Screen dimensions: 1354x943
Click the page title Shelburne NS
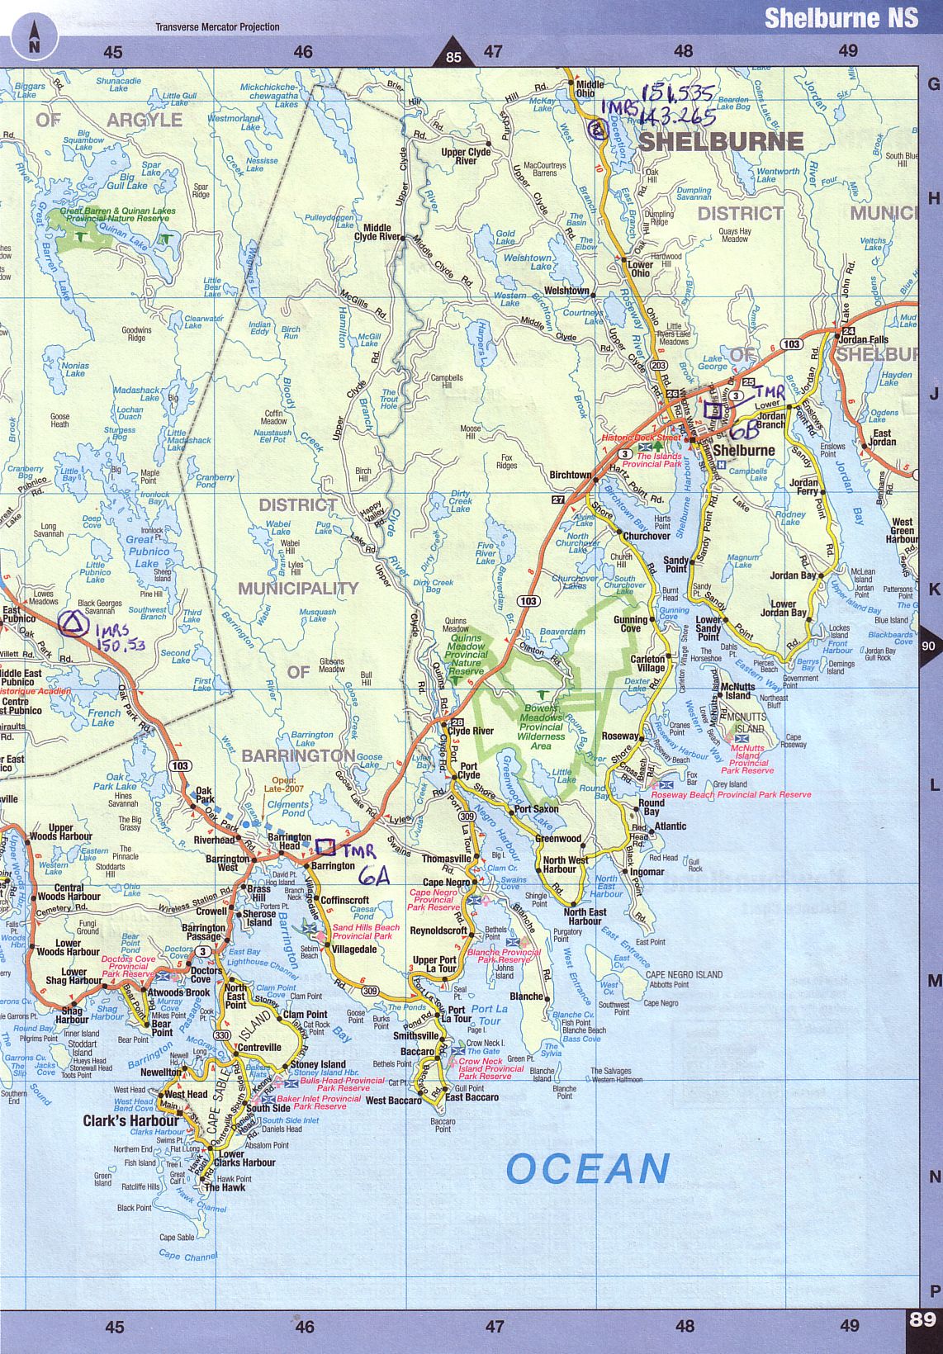pos(840,17)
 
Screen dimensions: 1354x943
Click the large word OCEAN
pos(587,1169)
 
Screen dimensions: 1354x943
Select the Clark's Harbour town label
pos(130,1120)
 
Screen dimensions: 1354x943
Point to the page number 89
pos(922,1318)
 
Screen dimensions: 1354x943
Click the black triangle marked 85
pos(453,52)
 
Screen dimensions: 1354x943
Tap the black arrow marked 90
pos(929,647)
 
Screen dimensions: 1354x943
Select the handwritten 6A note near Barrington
pos(373,876)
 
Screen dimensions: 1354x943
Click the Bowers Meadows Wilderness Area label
pos(541,727)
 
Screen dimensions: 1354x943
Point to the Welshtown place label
pos(566,291)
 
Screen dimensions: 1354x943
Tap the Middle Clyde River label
pos(377,232)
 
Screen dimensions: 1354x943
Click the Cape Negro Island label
pos(684,974)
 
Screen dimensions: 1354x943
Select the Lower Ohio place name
pos(640,269)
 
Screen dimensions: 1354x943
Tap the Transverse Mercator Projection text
pos(217,26)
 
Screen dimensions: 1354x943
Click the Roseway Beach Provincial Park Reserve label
pos(731,794)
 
